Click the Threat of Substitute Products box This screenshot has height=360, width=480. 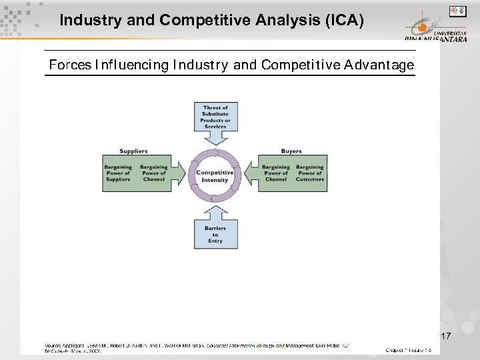[215, 117]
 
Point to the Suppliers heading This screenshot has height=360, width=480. [134, 151]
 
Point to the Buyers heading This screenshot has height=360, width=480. [291, 151]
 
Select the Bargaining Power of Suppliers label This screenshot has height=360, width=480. [118, 173]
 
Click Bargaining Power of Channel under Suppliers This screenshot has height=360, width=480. [154, 173]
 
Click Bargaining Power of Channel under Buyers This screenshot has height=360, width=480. [275, 173]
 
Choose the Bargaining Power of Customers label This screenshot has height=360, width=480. [310, 173]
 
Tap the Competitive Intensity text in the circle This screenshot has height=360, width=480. [215, 176]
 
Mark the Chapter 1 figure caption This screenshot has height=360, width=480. [409, 349]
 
